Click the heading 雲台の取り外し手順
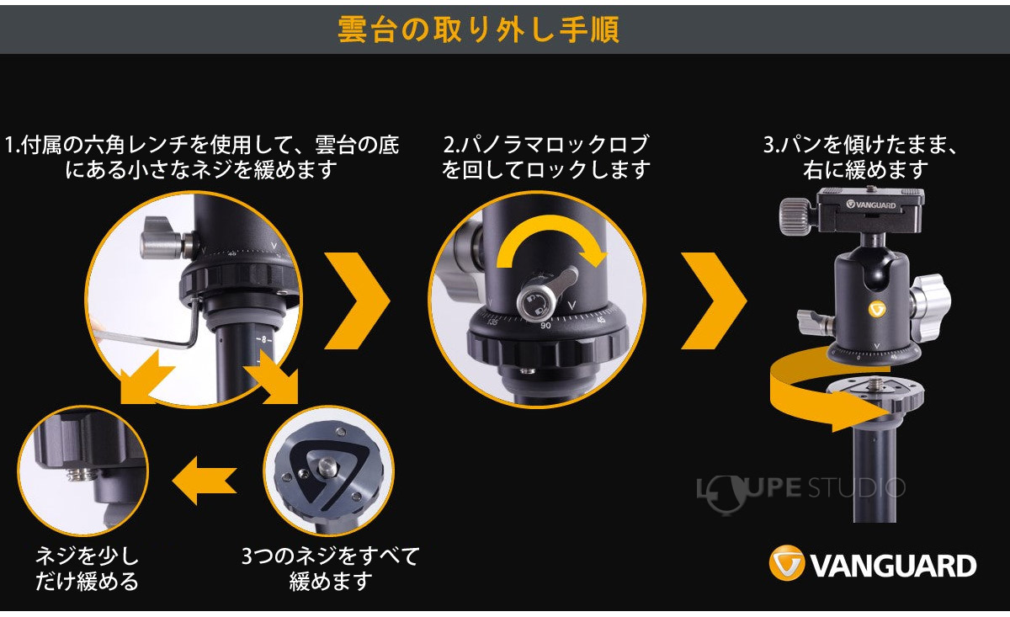coord(478,29)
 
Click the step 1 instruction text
coord(202,157)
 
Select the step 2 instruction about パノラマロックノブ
coord(547,157)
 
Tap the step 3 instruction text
coord(861,157)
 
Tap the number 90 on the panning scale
coord(545,326)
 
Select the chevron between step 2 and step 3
coord(713,300)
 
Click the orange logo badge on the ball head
coord(877,309)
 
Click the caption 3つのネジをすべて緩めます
coord(330,568)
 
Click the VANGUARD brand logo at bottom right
coord(873,565)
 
